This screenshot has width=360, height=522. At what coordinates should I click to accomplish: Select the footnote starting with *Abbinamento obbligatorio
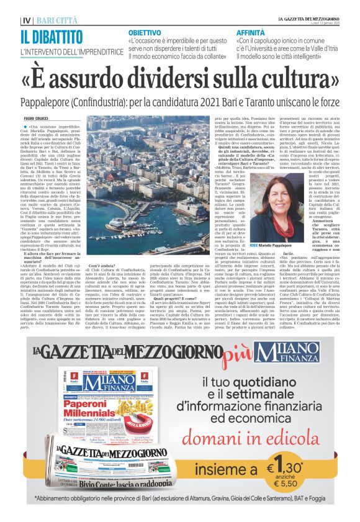coord(180,498)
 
